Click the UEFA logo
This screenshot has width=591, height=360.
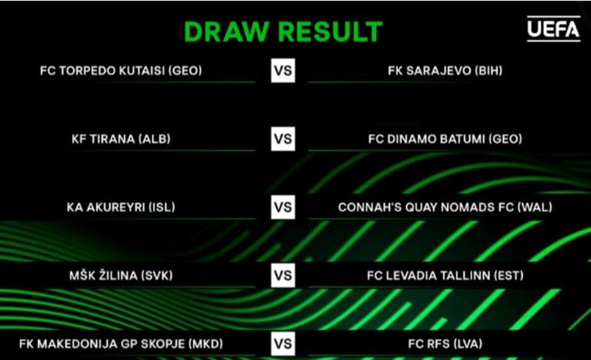coord(554,29)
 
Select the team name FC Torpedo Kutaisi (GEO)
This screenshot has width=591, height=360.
coord(121,70)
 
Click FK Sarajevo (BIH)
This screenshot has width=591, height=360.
coord(445,70)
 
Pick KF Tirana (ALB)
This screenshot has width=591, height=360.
coord(121,139)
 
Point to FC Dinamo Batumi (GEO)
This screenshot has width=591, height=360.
coord(445,139)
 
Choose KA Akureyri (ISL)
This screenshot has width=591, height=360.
coord(121,208)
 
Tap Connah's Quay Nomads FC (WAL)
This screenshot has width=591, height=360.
coord(445,208)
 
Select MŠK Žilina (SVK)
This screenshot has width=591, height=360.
coord(121,275)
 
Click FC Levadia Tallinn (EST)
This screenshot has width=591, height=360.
coord(445,275)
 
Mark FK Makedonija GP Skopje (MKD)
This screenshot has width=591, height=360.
coord(121,344)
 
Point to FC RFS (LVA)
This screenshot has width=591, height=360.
coord(445,344)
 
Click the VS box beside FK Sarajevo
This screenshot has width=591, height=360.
coord(283,70)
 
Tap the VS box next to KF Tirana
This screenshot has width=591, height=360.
coord(283,139)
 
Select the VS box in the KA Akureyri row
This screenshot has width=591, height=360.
coord(283,208)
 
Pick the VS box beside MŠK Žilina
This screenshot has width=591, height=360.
coord(283,275)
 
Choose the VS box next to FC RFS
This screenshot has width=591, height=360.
coord(283,344)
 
